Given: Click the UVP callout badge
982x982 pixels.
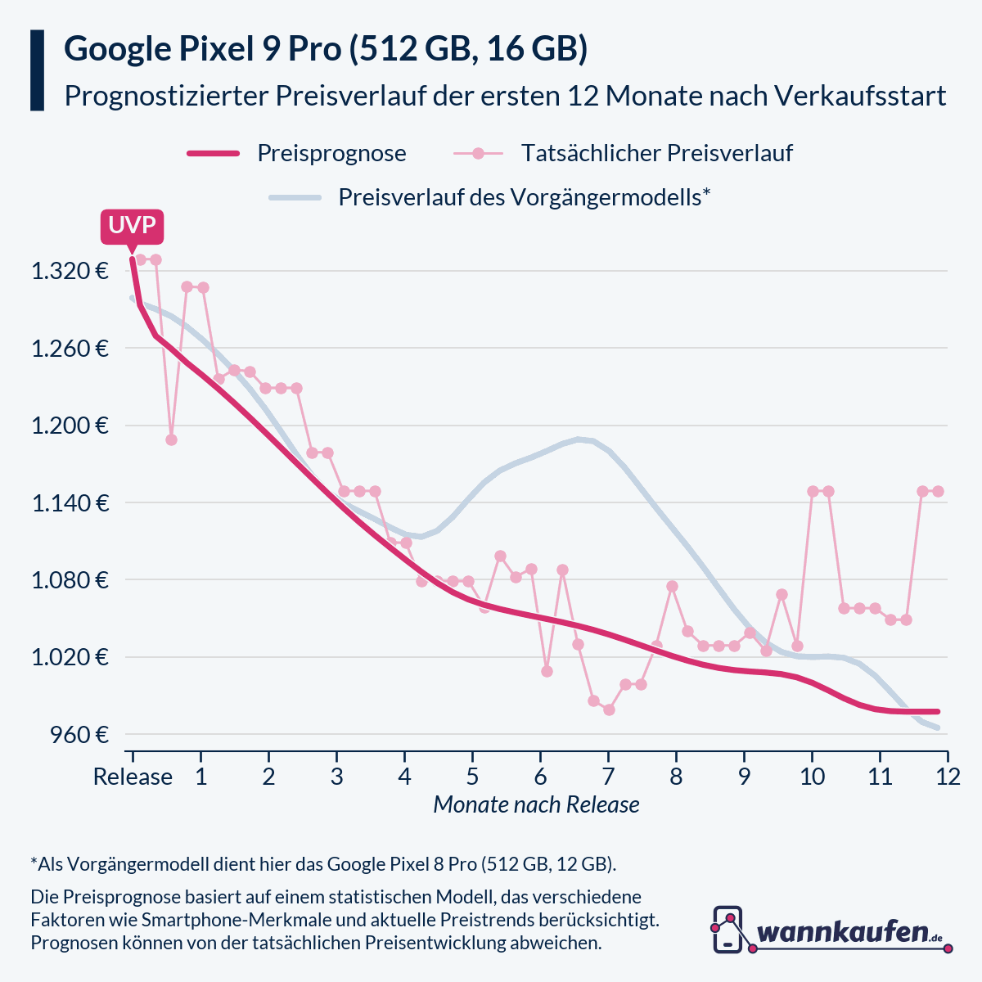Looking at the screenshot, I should point(132,225).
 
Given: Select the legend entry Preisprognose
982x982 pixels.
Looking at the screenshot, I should point(331,153).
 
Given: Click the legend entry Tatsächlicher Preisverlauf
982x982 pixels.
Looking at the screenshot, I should point(656,153).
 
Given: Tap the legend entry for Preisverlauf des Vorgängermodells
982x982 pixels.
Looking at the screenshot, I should point(524,197).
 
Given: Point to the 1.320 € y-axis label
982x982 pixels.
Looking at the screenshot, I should point(70,271).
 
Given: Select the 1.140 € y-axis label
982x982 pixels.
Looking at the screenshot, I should point(70,502).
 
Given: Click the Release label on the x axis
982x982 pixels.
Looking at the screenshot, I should point(133,777).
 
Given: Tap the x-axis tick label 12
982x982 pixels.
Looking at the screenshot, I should point(948,777).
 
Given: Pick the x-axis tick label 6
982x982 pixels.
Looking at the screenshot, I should point(540,777).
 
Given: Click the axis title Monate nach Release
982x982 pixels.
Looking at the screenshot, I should point(536,805).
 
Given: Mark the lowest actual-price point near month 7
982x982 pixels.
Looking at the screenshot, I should point(609,709).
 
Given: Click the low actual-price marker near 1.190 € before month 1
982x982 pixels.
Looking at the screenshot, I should point(171,439).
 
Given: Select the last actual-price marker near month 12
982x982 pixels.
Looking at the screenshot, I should point(939,491).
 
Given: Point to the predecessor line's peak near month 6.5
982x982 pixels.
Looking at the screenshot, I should point(579,439).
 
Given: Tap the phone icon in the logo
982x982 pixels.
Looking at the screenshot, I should point(727,930).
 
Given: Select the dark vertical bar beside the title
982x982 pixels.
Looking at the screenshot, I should point(37,70).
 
